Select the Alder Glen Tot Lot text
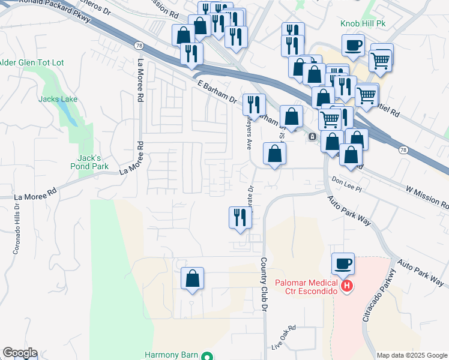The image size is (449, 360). click(32, 62)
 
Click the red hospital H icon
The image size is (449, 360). click(346, 287)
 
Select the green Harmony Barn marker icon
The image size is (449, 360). click(207, 355)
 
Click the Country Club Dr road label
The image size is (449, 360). click(263, 284)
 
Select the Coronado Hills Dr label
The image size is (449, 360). click(16, 227)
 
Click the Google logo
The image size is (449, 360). click(20, 353)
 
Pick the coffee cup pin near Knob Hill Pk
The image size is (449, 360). click(353, 45)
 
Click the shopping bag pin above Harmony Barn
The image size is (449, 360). click(192, 278)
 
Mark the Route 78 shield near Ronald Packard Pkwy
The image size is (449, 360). click(139, 45)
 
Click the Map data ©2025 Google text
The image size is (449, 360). click(411, 355)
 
